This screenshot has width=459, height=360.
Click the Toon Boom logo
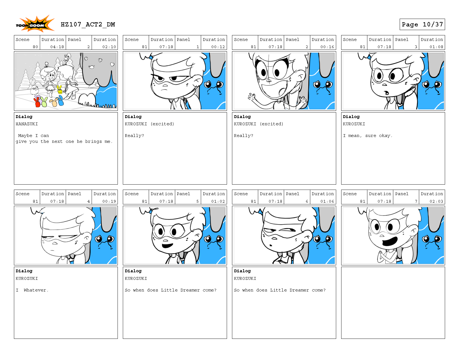click(35, 24)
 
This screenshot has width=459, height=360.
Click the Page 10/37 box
click(422, 25)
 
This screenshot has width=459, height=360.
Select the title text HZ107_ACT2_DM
click(88, 25)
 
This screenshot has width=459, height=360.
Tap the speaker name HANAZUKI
click(27, 124)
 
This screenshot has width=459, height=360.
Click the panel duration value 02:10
click(109, 47)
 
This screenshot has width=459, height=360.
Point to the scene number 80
click(35, 47)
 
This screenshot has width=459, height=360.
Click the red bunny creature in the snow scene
click(37, 102)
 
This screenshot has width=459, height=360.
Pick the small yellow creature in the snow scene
click(60, 90)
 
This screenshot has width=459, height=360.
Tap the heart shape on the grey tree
click(112, 64)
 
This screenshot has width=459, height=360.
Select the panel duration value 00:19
click(109, 201)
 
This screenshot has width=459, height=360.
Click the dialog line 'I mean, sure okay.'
click(367, 136)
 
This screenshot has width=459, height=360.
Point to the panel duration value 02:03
click(436, 201)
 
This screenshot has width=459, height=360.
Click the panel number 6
click(307, 201)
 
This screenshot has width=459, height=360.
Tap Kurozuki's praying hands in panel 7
click(381, 256)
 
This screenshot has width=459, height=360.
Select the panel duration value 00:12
click(218, 47)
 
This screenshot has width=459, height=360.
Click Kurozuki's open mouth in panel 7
click(390, 241)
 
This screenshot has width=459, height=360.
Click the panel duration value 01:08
click(436, 47)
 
